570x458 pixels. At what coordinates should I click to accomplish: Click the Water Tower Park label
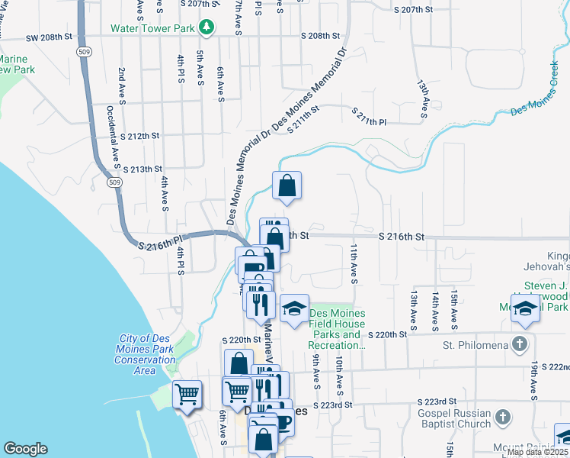coord(154,28)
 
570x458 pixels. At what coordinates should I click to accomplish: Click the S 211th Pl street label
coord(370,117)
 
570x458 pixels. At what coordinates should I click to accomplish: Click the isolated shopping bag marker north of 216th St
coord(287,186)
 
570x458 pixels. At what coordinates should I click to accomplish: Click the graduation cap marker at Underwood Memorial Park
coord(525,309)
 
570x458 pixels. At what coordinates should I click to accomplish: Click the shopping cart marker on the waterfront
coord(187,395)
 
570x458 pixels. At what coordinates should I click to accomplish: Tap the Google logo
coord(25,449)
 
